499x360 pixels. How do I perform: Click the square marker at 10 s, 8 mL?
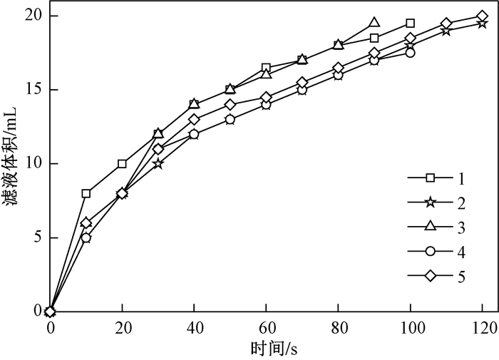86,193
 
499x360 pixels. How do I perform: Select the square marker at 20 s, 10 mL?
122,163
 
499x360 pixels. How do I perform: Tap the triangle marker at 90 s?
374,23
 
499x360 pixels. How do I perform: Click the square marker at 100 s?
410,23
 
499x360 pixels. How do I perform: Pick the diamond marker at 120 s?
482,16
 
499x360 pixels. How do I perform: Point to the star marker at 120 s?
482,24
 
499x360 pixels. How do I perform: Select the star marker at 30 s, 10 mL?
158,163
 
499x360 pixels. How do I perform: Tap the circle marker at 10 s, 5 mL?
86,237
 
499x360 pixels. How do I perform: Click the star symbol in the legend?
426,202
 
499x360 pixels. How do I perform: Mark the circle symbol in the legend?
426,251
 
